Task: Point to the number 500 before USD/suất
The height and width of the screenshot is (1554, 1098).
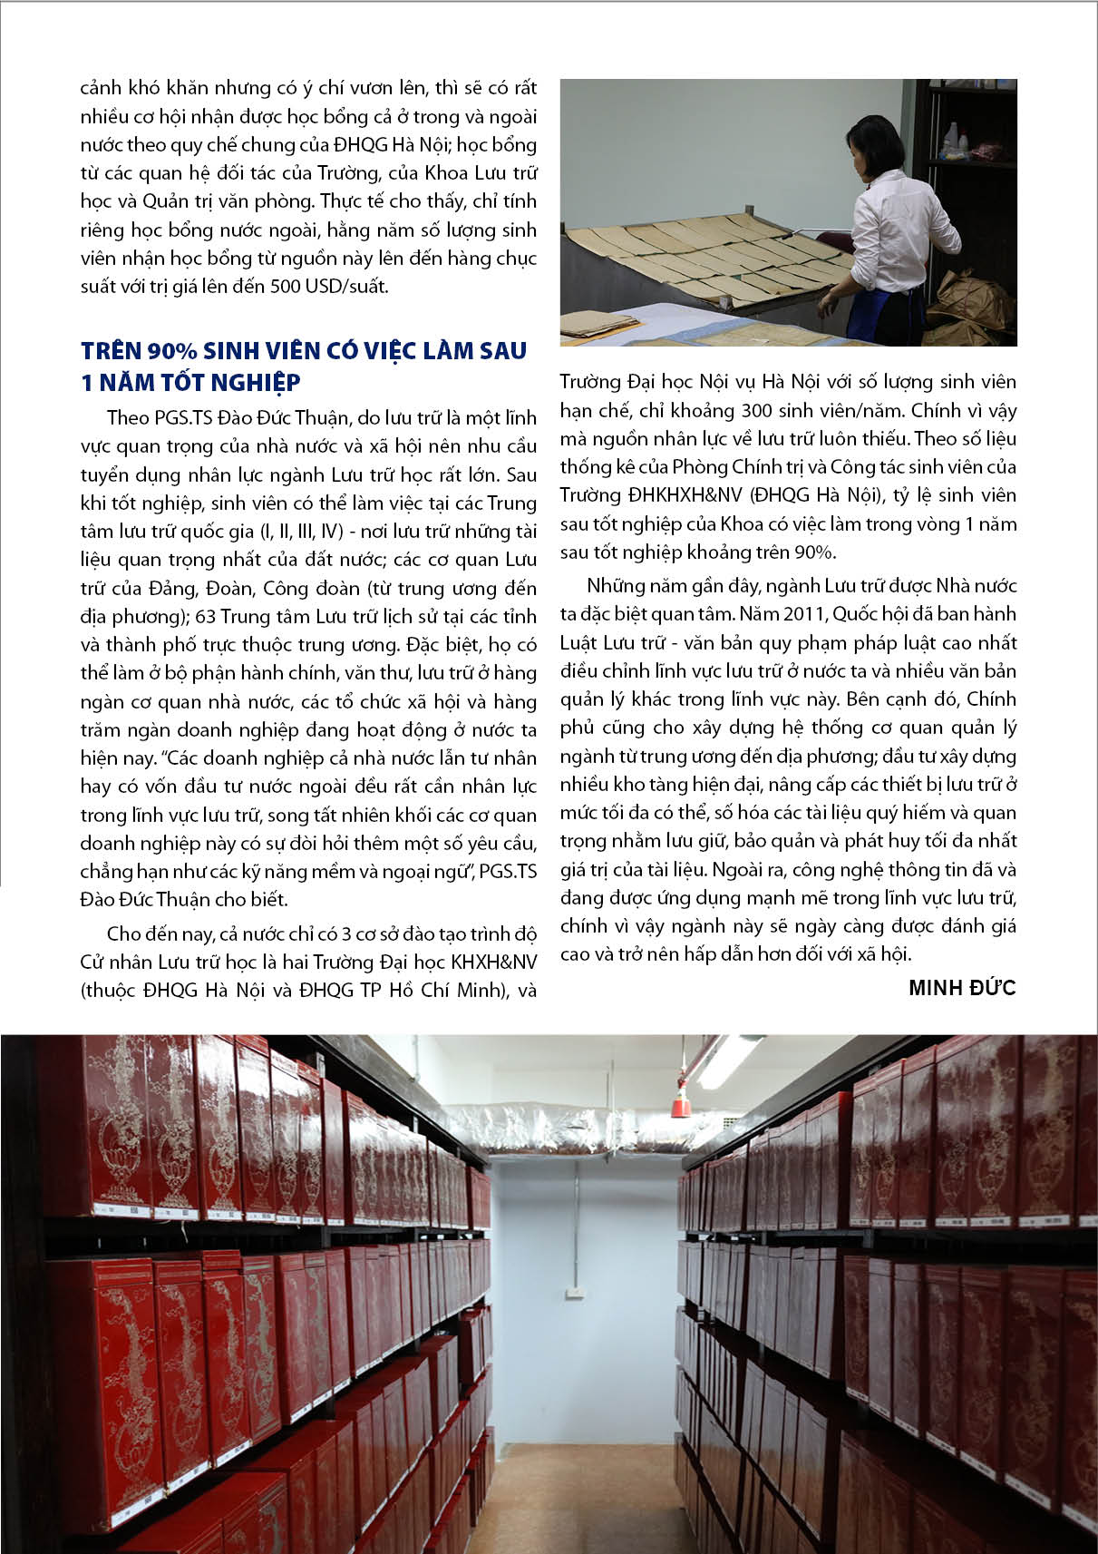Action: [287, 287]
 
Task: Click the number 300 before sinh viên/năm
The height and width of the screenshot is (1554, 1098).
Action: [761, 410]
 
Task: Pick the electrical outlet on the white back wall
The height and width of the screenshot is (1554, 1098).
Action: [572, 1292]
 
